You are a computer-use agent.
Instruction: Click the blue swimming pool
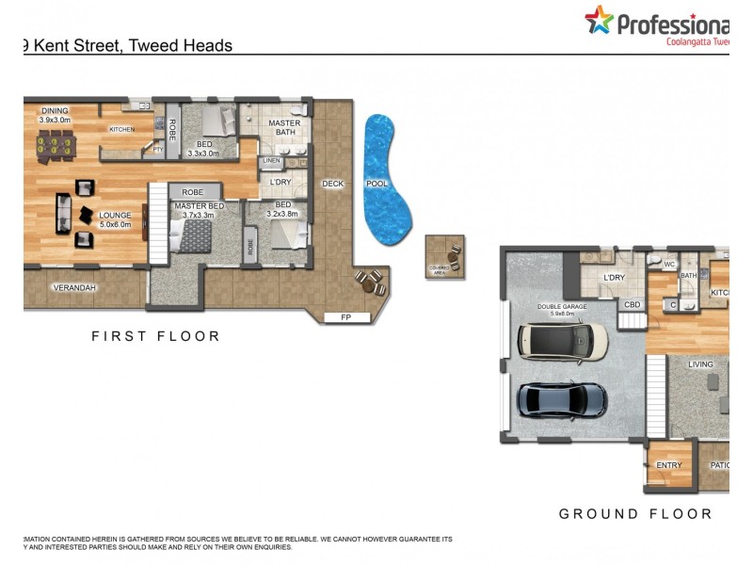[x=387, y=179]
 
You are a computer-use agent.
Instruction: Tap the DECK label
[x=332, y=184]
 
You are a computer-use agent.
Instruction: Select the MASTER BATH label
[x=284, y=128]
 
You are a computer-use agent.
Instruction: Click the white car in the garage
[x=564, y=342]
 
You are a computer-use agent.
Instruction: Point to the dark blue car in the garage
[x=562, y=400]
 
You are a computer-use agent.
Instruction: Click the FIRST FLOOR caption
[x=155, y=336]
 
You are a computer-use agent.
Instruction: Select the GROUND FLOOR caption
[x=635, y=514]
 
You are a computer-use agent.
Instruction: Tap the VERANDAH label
[x=74, y=287]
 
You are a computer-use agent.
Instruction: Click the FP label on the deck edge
[x=345, y=318]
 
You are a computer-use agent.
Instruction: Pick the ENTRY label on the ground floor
[x=669, y=465]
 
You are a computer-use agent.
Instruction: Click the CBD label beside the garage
[x=633, y=304]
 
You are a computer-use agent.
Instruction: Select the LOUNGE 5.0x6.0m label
[x=116, y=219]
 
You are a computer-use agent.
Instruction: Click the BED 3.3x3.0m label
[x=203, y=149]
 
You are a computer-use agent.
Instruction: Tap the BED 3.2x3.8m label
[x=283, y=209]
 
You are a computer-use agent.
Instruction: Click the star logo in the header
[x=599, y=20]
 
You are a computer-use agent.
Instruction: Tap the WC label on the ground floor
[x=670, y=265]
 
